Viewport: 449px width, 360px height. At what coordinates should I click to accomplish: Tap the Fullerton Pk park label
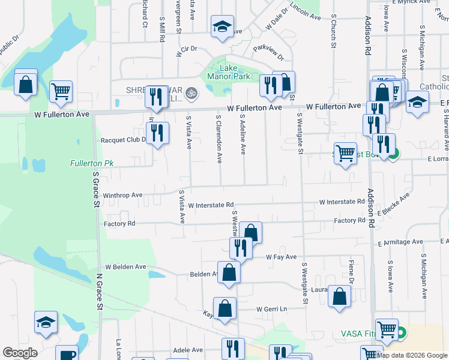click(x=91, y=163)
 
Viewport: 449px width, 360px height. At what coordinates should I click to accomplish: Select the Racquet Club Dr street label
click(x=124, y=140)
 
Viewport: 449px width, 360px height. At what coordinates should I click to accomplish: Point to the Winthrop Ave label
click(x=122, y=195)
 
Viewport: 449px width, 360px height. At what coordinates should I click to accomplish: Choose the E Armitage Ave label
click(x=400, y=242)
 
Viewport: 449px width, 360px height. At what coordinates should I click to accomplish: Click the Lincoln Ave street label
click(x=306, y=11)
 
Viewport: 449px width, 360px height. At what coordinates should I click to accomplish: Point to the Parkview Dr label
click(x=268, y=52)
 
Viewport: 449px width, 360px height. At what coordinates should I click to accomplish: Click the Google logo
click(x=20, y=352)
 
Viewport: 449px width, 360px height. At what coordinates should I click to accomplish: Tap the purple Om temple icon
click(x=192, y=93)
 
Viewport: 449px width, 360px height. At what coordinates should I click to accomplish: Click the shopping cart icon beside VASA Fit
click(x=387, y=329)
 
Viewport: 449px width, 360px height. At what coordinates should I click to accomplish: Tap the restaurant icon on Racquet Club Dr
click(x=157, y=133)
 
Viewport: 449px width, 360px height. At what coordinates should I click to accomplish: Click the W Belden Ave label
click(x=126, y=266)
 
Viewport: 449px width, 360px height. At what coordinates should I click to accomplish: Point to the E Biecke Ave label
click(x=394, y=204)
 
